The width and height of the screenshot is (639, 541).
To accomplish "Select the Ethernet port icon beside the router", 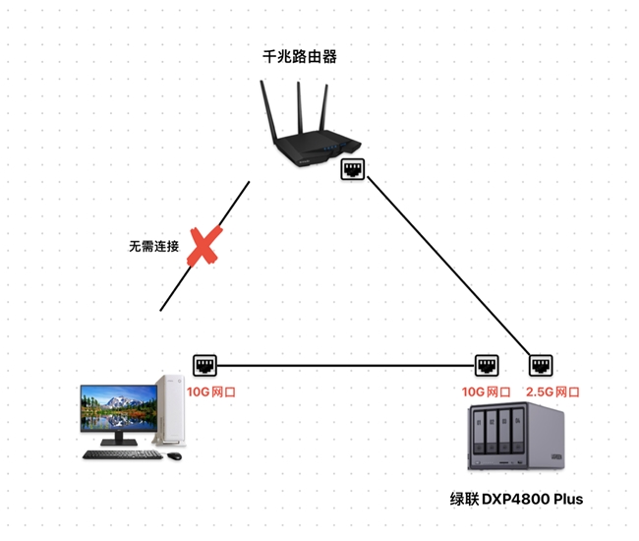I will (353, 169).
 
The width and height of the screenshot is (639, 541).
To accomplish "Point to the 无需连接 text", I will (153, 246).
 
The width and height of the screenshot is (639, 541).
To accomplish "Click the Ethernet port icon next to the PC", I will (205, 366).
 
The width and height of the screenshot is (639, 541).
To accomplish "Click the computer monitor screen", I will (119, 405).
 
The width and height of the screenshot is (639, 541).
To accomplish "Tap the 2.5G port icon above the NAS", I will (540, 366).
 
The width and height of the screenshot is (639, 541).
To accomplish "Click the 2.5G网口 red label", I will (552, 391).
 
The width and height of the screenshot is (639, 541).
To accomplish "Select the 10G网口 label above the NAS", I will (486, 391).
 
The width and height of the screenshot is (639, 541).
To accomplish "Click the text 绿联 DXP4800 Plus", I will (516, 499).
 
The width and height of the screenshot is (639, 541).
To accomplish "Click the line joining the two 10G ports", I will (344, 367).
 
